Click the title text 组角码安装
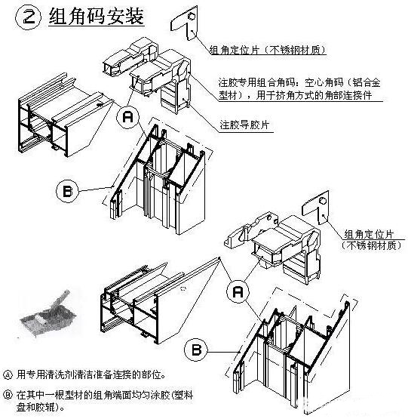96,17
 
